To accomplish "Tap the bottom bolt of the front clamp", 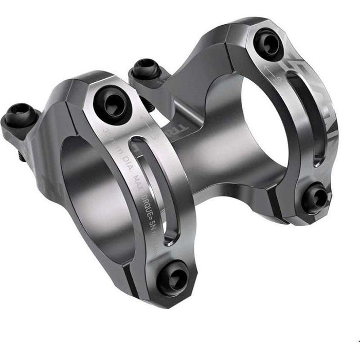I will click(172, 276).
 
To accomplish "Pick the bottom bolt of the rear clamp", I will click(314, 198).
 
